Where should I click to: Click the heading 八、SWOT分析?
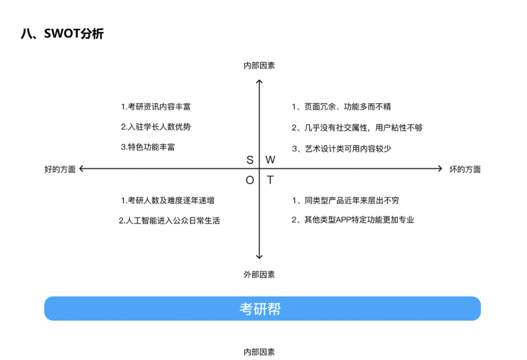(x=62, y=34)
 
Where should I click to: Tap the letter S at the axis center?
(x=250, y=160)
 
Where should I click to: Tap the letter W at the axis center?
(x=270, y=160)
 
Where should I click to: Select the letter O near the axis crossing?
(x=250, y=180)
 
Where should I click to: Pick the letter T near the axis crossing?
(x=270, y=180)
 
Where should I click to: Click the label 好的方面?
(x=60, y=169)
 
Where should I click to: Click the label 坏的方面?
(x=464, y=169)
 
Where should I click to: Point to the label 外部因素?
(x=259, y=275)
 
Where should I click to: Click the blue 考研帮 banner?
(x=262, y=308)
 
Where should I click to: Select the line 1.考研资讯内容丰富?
(x=156, y=106)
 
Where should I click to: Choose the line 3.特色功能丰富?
(x=148, y=147)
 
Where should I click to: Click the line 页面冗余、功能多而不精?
(x=341, y=107)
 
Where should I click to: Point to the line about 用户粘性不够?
(x=357, y=128)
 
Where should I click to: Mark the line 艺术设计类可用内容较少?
(x=341, y=149)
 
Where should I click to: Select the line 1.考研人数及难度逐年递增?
(x=168, y=200)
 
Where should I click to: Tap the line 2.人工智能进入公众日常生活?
(x=169, y=221)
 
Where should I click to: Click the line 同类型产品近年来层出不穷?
(x=349, y=200)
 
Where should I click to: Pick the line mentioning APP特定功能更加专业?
(x=353, y=220)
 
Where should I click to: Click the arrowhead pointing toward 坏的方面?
(x=439, y=169)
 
